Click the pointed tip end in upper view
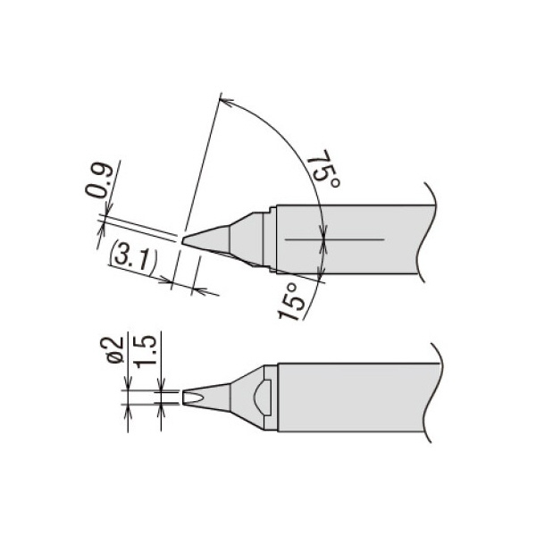184,239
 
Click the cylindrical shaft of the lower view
357,396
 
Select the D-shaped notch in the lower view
261,396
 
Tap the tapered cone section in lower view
219,396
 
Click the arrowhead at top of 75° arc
223,95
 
